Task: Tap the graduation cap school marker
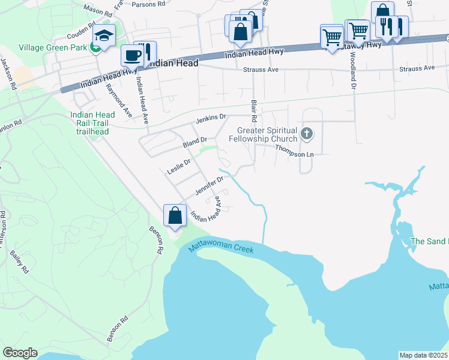pos(104,36)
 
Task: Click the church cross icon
pos(307,133)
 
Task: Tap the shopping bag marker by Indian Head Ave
pos(174,216)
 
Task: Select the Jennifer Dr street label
pos(209,187)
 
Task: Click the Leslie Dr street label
pos(178,167)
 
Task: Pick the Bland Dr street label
pos(194,143)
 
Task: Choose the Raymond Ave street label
pos(119,99)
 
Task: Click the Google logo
pos(20,353)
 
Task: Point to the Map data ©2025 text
pos(423,355)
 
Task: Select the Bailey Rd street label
pos(20,262)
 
